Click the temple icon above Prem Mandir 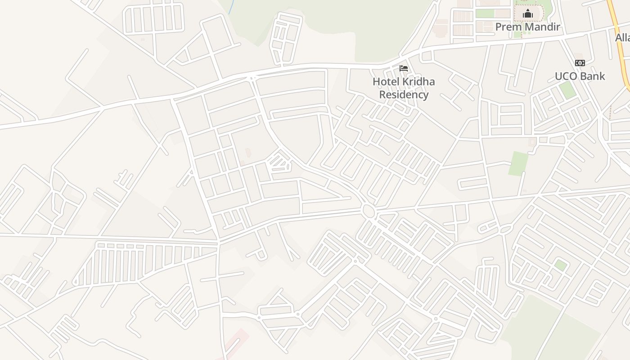point(528,14)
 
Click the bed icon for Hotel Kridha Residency point(404,68)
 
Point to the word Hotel point(386,82)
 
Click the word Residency point(404,95)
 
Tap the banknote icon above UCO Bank point(580,63)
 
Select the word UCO point(566,76)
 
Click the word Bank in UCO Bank point(593,76)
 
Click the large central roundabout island point(368,211)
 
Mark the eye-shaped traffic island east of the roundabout point(505,230)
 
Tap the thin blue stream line point(231,7)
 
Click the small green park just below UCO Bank point(567,90)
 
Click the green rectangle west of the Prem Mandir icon point(485,13)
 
